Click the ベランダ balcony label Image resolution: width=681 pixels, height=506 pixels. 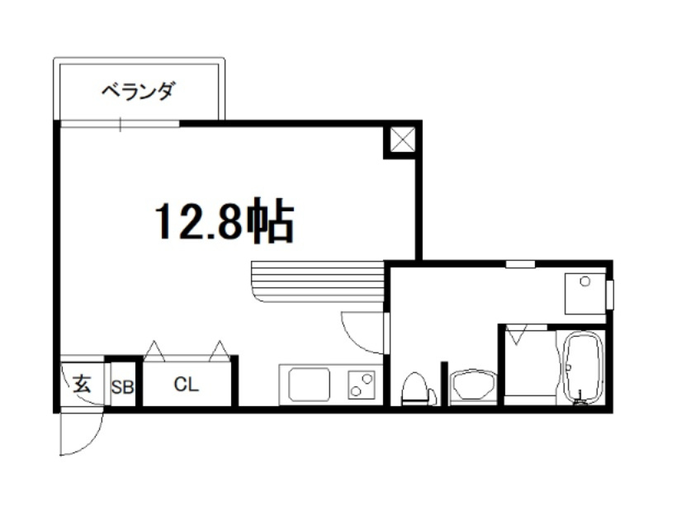pyautogui.click(x=138, y=91)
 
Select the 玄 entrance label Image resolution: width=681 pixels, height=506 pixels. pyautogui.click(x=81, y=383)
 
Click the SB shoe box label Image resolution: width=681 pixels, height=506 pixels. pyautogui.click(x=122, y=386)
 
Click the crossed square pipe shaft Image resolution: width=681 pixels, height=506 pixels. pyautogui.click(x=402, y=140)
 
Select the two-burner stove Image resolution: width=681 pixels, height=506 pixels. pyautogui.click(x=362, y=384)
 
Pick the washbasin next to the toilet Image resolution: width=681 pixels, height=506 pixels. pyautogui.click(x=472, y=385)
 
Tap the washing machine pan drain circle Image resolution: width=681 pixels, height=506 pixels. pyautogui.click(x=585, y=281)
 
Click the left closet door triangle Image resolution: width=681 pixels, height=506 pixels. pyautogui.click(x=154, y=351)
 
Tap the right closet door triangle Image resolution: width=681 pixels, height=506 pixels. pyautogui.click(x=219, y=351)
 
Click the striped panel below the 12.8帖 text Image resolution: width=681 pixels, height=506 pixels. pyautogui.click(x=319, y=282)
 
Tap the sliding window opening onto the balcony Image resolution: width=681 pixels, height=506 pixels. pyautogui.click(x=120, y=125)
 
